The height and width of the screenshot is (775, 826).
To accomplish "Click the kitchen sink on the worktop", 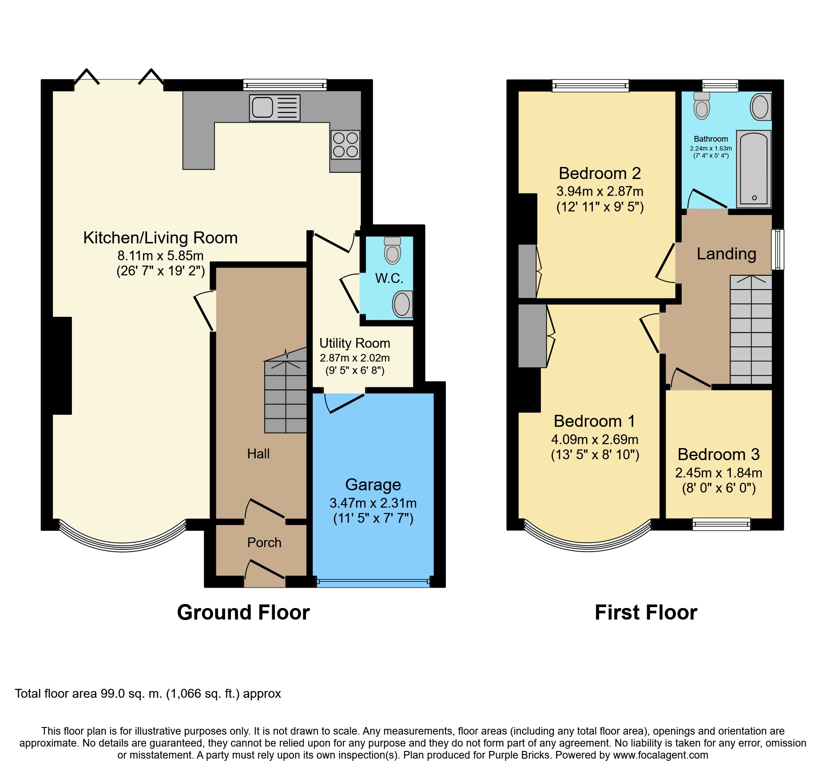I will point(274,107).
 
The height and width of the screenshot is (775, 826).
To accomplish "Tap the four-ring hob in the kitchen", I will point(345,145).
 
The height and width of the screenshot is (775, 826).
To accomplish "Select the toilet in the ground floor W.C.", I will point(392,250).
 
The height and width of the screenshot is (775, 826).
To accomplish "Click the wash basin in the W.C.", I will point(403,304).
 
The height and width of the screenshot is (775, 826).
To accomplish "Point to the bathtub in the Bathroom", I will point(754,169).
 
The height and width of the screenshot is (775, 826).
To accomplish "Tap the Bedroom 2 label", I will point(600,173).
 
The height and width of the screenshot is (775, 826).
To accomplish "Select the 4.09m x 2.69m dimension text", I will point(595,440).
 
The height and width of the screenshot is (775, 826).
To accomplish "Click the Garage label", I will point(373,485).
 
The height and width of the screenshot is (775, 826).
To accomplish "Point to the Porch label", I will point(264,543).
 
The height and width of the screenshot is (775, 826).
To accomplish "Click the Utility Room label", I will point(355,343).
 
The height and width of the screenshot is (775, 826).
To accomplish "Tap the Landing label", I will point(726,254).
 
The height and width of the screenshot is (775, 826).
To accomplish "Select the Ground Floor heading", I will point(243,612).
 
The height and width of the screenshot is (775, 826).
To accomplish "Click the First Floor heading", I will point(646,612).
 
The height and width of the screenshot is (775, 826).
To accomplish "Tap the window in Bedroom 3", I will point(721,525).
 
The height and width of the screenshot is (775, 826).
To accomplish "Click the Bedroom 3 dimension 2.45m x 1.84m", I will point(719,473).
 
